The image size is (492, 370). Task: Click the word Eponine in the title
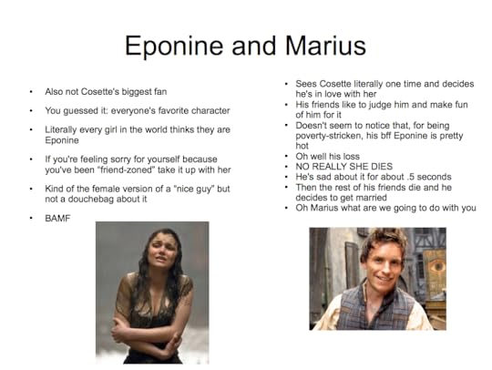(x=174, y=46)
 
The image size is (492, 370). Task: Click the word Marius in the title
(x=325, y=46)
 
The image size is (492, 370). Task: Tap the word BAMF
(x=57, y=218)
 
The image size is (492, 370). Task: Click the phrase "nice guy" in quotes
(x=192, y=189)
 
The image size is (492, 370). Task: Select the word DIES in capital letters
(x=382, y=167)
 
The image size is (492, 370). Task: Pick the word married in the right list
(x=370, y=198)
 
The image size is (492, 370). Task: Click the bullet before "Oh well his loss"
(x=286, y=156)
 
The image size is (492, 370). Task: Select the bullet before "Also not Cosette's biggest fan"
(x=31, y=92)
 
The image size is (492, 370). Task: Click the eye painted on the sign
(x=436, y=266)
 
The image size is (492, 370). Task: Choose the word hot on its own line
(x=302, y=146)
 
